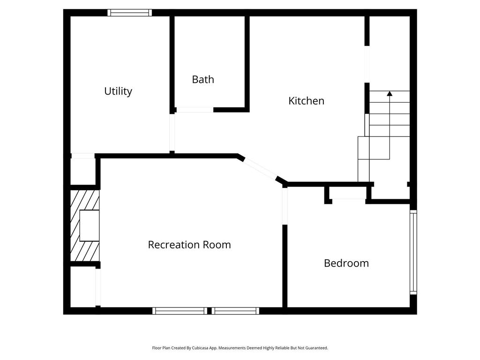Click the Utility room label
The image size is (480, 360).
[x=118, y=91]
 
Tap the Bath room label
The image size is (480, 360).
[x=203, y=80]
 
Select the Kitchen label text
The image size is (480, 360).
[x=306, y=101]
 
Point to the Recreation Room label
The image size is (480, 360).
[x=189, y=245]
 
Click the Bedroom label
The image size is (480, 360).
[x=346, y=263]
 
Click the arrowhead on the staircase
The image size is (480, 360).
[x=390, y=94]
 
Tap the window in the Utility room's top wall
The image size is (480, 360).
[x=130, y=13]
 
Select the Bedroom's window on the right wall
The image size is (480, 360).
[x=413, y=252]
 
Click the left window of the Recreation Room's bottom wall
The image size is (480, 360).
[x=180, y=311]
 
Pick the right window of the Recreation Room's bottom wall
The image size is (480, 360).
[x=235, y=311]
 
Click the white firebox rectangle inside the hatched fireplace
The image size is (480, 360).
[x=90, y=225]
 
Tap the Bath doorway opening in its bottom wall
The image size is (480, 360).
[x=195, y=110]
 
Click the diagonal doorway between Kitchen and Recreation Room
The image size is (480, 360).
[x=260, y=169]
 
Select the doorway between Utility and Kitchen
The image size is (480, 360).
[x=172, y=132]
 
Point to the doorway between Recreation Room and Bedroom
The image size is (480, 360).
[x=285, y=206]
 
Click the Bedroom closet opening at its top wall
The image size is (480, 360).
[x=349, y=201]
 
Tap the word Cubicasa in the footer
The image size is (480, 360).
[x=200, y=348]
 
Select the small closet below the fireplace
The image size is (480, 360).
[x=82, y=287]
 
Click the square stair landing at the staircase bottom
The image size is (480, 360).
[x=364, y=148]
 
